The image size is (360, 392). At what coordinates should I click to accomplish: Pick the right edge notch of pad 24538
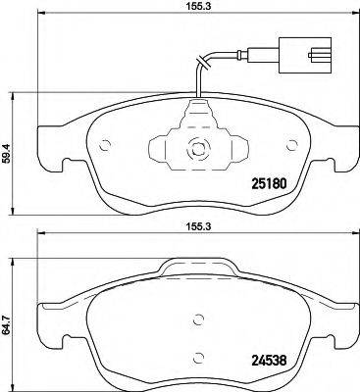click(345, 339)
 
